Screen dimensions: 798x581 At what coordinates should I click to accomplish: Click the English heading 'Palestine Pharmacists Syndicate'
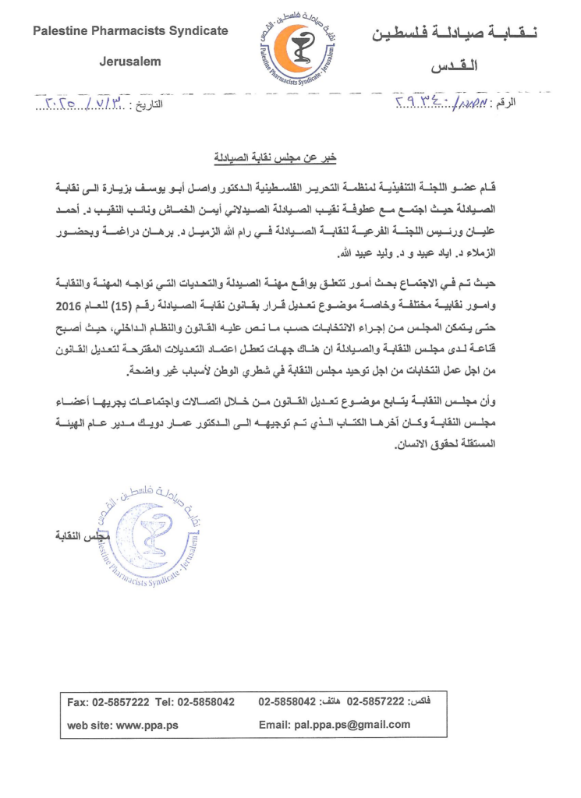(x=130, y=30)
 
